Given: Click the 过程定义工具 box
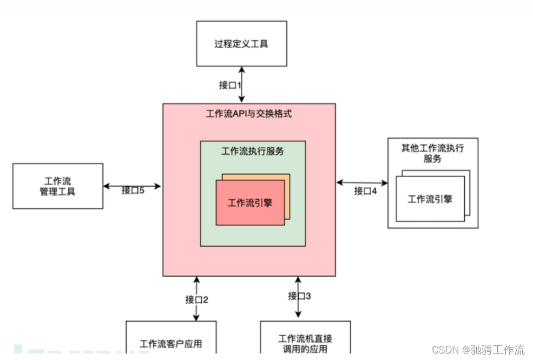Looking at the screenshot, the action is pos(241,43).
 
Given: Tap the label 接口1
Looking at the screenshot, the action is pos(230,85).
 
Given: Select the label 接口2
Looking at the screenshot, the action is pos(196,299).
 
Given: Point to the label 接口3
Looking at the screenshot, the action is pos(299,296).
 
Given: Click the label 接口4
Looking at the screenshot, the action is pos(365,191).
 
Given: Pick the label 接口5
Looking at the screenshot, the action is pos(133,190).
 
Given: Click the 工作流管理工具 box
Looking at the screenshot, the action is pos(58,186).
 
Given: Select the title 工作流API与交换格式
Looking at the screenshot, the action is pos(249,114).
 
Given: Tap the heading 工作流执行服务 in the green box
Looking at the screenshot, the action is pos(253,151).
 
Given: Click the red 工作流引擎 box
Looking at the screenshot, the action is pos(250,202).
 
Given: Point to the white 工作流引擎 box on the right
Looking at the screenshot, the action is pos(430,199).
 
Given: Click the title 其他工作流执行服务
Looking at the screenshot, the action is pos(432,153).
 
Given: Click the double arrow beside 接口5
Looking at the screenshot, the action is pos(132,186).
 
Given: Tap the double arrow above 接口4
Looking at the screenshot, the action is pos(362,182).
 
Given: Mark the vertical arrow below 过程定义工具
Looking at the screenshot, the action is pos(241,84).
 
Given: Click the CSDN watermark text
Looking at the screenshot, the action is pos(478,350).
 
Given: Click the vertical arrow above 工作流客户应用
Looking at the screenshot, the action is pos(196,298).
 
